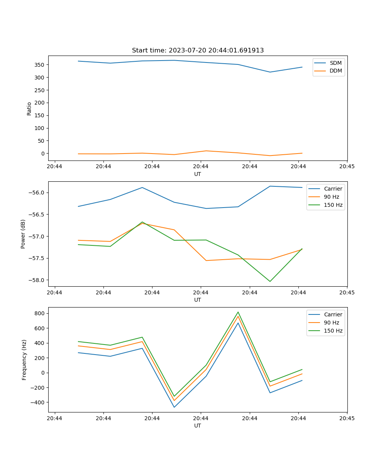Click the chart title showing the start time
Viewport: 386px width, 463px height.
pyautogui.click(x=198, y=51)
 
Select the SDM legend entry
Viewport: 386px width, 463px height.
pyautogui.click(x=335, y=63)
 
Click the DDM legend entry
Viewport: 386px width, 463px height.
pyautogui.click(x=335, y=71)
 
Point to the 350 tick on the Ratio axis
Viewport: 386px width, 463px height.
pyautogui.click(x=40, y=65)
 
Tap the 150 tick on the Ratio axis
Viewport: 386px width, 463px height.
pyautogui.click(x=40, y=115)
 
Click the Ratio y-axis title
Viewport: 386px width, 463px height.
pyautogui.click(x=29, y=108)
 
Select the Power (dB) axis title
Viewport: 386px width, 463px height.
pyautogui.click(x=24, y=234)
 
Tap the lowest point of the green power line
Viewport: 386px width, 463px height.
pyautogui.click(x=270, y=281)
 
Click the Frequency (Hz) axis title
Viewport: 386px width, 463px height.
pyautogui.click(x=24, y=360)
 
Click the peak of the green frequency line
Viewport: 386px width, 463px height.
pyautogui.click(x=238, y=312)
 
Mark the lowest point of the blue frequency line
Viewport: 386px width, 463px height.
pyautogui.click(x=174, y=407)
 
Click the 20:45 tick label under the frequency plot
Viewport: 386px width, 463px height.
pyautogui.click(x=347, y=418)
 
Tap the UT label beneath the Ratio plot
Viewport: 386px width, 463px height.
pyautogui.click(x=198, y=174)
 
